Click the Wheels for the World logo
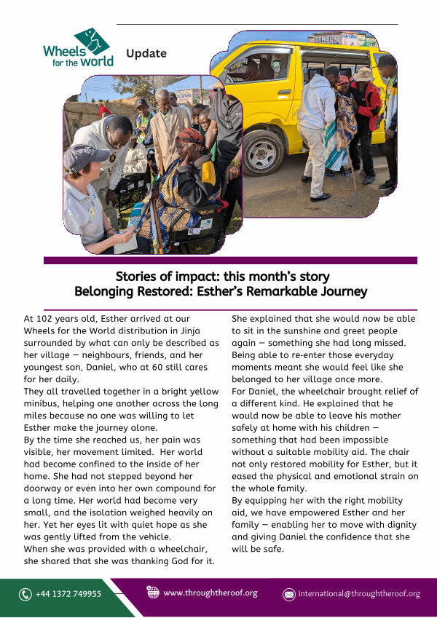click(x=78, y=48)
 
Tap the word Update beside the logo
click(x=146, y=53)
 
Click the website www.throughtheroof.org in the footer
click(x=210, y=593)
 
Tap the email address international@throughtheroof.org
click(x=359, y=594)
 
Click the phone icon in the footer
click(x=25, y=594)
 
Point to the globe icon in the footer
click(x=153, y=593)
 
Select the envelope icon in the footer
click(x=288, y=594)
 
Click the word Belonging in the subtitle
click(x=102, y=292)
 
